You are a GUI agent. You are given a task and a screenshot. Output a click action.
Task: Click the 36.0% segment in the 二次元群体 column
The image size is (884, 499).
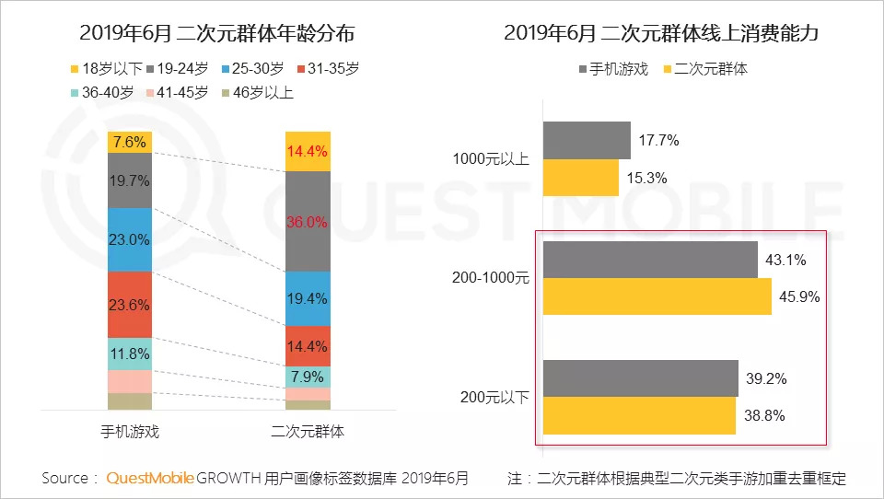point(308,221)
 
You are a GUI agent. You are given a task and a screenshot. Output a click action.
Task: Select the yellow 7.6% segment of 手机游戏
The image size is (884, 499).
point(130,142)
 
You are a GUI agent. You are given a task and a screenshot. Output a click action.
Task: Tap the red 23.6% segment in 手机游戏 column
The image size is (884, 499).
point(130,305)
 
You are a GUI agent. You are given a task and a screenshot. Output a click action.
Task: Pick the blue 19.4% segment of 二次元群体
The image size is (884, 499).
point(308,298)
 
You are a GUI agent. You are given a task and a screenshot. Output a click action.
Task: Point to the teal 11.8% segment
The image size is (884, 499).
point(130,354)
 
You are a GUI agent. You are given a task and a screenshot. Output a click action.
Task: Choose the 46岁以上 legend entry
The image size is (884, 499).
point(259,92)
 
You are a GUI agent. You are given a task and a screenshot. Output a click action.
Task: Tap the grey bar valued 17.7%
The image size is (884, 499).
point(587,140)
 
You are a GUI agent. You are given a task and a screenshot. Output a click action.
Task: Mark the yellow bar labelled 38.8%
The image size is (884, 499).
point(639,415)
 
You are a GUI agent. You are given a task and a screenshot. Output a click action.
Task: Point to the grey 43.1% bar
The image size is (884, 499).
point(650,260)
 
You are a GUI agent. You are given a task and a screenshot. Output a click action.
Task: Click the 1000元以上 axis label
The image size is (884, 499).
point(491,158)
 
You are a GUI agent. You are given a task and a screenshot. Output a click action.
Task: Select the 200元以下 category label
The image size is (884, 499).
point(495,397)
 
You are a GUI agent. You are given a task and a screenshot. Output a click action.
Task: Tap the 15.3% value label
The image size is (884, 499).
point(650,178)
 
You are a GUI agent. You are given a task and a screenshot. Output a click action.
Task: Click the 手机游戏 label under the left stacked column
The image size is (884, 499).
point(130,431)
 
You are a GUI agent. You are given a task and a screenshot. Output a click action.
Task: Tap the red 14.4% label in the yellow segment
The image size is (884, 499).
point(308,152)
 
